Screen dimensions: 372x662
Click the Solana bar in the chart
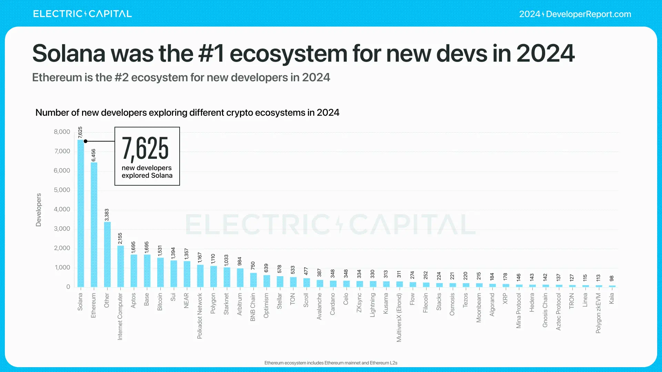point(80,214)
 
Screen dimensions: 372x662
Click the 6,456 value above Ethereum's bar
point(93,155)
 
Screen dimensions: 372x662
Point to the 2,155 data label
point(120,238)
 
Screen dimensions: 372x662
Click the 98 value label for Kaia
point(612,278)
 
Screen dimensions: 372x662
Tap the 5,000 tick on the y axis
point(62,190)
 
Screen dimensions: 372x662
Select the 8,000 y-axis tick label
point(62,132)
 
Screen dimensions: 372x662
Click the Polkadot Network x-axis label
point(200,316)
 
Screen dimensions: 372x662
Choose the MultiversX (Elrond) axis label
point(399,317)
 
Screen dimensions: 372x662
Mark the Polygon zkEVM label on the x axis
point(598,313)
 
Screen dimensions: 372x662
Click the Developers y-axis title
point(39,210)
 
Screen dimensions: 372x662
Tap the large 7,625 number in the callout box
point(145,148)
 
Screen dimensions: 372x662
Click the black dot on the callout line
point(86,141)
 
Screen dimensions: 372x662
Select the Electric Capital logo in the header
point(82,14)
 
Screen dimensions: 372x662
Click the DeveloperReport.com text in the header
point(588,14)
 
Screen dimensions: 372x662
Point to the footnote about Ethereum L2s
point(331,363)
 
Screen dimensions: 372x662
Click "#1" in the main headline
point(211,53)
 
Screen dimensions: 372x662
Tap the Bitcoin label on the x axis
point(160,302)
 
